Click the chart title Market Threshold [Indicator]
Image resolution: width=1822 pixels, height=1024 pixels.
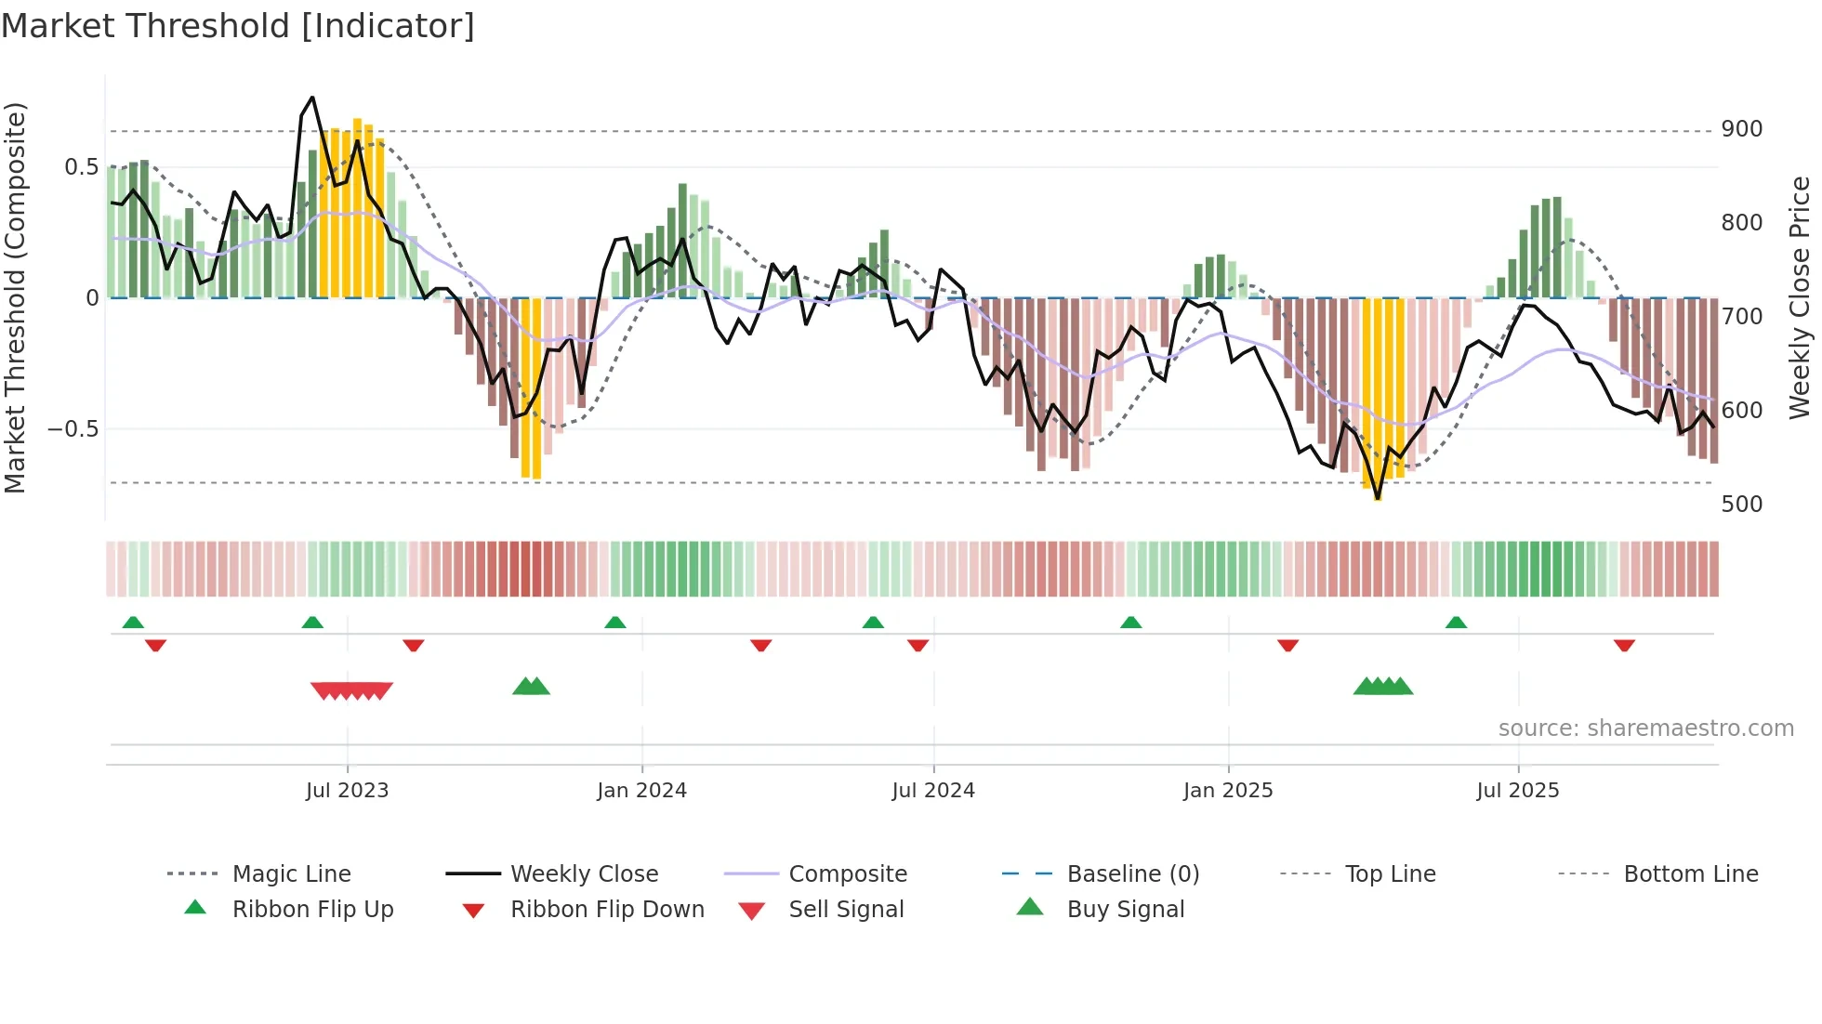pyautogui.click(x=238, y=26)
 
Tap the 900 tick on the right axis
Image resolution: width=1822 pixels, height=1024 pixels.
pyautogui.click(x=1741, y=129)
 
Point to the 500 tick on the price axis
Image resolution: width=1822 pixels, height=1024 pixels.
pyautogui.click(x=1741, y=505)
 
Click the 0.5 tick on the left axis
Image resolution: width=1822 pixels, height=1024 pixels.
pyautogui.click(x=81, y=167)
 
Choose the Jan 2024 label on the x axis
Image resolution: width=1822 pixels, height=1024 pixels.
pyautogui.click(x=641, y=791)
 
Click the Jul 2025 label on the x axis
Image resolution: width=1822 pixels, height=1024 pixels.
pyautogui.click(x=1517, y=791)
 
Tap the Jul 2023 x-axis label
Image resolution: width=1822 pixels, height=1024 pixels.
pyautogui.click(x=347, y=791)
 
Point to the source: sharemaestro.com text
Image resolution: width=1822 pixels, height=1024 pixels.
pyautogui.click(x=1645, y=729)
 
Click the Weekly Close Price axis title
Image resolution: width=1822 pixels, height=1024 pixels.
pyautogui.click(x=1800, y=297)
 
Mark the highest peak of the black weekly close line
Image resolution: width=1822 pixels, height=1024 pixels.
pyautogui.click(x=312, y=98)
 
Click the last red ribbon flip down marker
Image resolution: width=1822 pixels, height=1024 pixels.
pyautogui.click(x=1624, y=646)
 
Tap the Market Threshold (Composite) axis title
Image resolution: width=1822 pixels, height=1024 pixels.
pyautogui.click(x=16, y=297)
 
